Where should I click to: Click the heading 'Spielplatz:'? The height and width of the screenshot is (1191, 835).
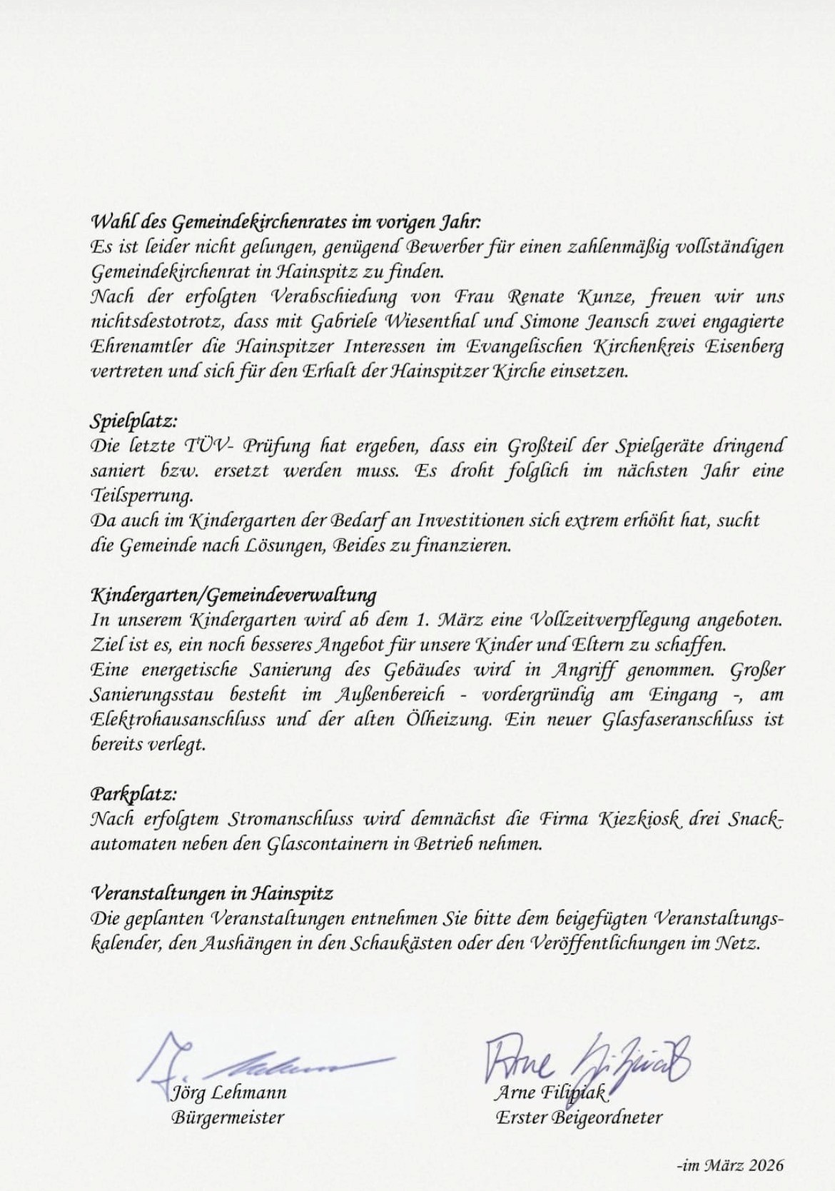pos(133,421)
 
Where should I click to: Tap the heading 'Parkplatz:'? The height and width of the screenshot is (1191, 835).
pos(133,794)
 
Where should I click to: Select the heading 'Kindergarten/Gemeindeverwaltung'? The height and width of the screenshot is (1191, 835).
pos(233,595)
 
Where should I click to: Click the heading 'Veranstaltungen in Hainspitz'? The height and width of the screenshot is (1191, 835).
pos(212,893)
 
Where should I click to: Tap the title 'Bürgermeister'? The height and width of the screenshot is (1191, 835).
pos(228,1117)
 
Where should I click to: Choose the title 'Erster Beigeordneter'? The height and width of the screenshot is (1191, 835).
pos(578,1117)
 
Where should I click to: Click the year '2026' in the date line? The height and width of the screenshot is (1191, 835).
pos(765,1165)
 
